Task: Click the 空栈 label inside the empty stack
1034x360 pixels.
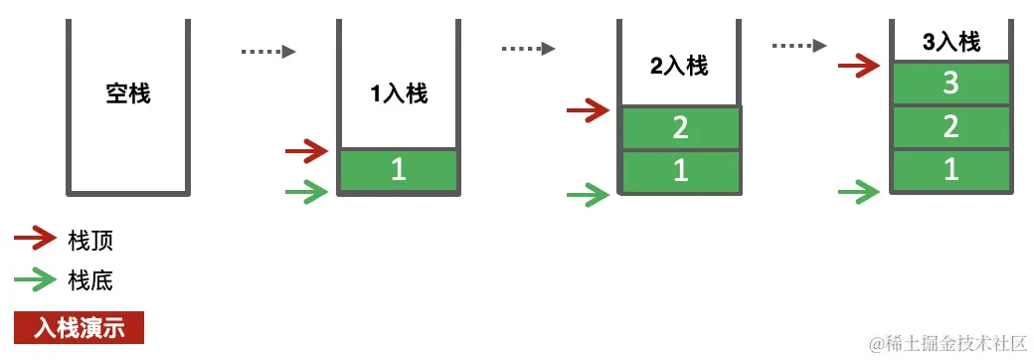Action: tap(128, 94)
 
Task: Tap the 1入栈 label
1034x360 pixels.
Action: tap(399, 94)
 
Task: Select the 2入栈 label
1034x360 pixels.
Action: tap(679, 67)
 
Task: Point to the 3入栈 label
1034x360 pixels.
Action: tap(951, 43)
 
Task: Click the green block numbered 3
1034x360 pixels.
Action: tap(950, 84)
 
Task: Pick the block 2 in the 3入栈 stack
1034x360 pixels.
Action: tap(950, 126)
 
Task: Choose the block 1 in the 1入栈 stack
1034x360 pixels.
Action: tap(398, 170)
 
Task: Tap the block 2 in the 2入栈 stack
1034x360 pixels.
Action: tap(681, 127)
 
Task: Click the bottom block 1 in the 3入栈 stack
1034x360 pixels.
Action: tap(950, 170)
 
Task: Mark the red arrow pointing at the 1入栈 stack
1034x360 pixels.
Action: tap(306, 151)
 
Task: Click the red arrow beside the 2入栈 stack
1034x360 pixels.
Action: tap(588, 109)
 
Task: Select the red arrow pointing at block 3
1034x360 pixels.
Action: tap(859, 67)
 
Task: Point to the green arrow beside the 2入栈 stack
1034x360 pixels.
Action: tap(588, 195)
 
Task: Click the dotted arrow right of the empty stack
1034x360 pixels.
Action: tap(269, 52)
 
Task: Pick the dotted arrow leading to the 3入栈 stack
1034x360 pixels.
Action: tap(799, 45)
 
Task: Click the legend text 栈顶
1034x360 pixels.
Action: tap(90, 240)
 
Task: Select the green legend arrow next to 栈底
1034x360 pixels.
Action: tap(35, 280)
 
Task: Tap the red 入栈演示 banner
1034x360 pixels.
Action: tap(80, 328)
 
